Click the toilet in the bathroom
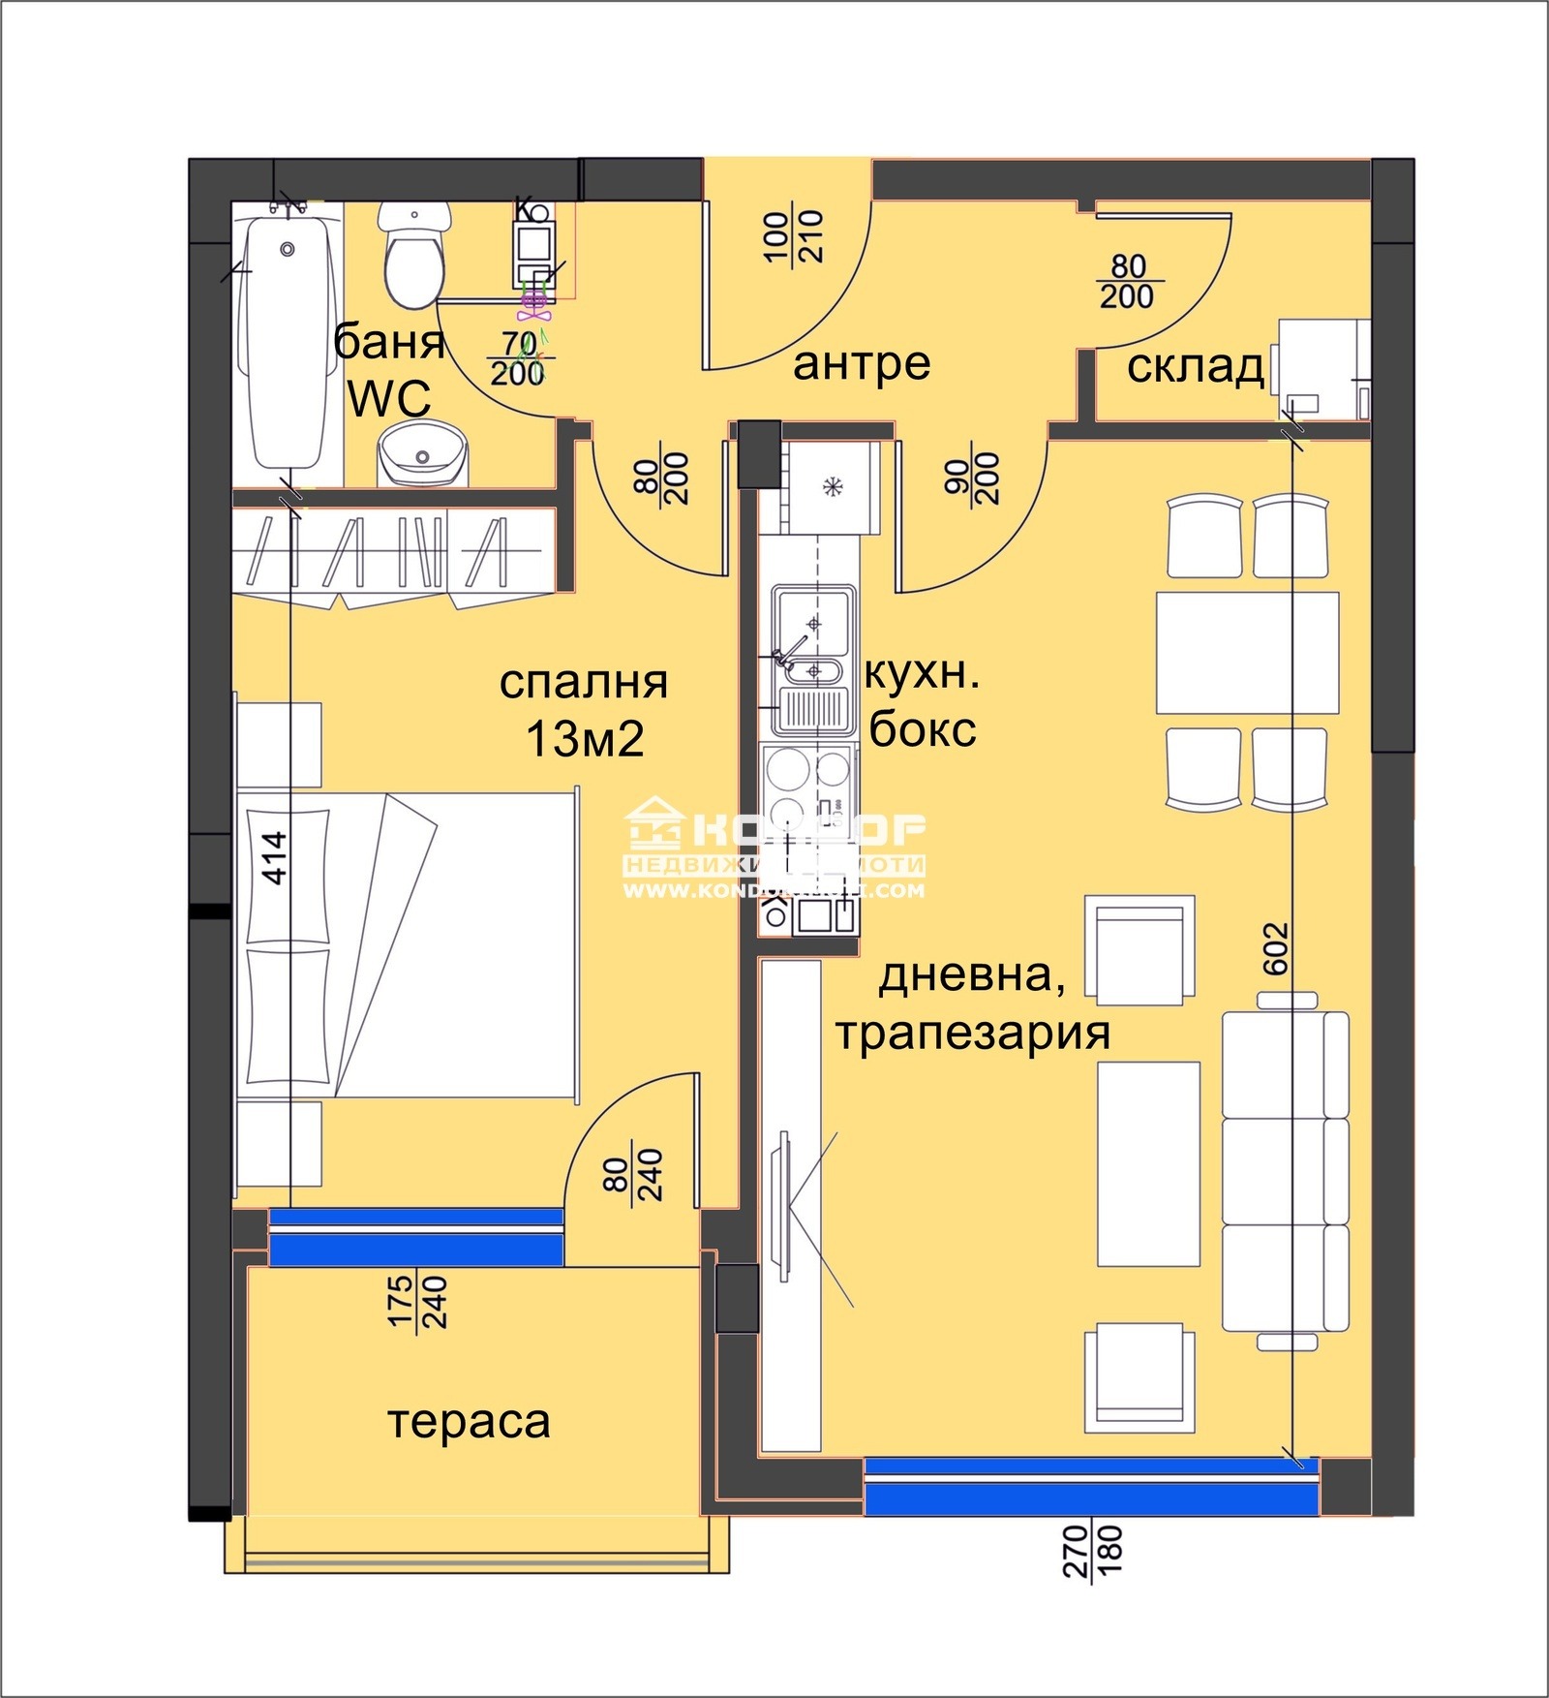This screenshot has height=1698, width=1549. [415, 255]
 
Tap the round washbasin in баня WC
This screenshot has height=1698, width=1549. [423, 454]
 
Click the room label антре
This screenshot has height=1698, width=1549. [862, 364]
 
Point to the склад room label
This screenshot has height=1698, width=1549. [1196, 367]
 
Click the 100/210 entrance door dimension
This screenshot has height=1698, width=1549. [793, 236]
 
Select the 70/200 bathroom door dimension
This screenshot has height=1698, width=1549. [518, 359]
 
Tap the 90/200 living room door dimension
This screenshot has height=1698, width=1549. [971, 478]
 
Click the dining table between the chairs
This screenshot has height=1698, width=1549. [1247, 652]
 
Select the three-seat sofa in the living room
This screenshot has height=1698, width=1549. [1286, 1172]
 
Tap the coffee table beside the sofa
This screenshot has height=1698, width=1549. [1148, 1163]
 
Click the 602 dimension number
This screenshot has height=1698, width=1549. [1276, 948]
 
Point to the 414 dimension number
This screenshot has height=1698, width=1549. [275, 857]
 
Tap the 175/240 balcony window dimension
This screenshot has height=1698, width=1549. [416, 1301]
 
